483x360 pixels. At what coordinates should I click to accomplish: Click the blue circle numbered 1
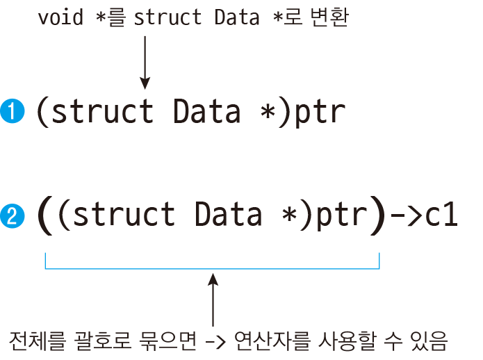pyautogui.click(x=13, y=111)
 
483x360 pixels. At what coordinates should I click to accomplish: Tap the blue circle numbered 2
pyautogui.click(x=13, y=215)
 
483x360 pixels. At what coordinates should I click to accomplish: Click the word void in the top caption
pyautogui.click(x=60, y=17)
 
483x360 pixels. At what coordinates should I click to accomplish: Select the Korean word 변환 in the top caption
pyautogui.click(x=329, y=17)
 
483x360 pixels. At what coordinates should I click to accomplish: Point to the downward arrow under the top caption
pyautogui.click(x=145, y=63)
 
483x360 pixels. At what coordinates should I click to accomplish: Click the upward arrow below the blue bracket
pyautogui.click(x=213, y=300)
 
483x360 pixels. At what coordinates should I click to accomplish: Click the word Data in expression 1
pyautogui.click(x=206, y=111)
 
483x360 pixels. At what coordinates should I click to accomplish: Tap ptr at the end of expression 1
pyautogui.click(x=320, y=113)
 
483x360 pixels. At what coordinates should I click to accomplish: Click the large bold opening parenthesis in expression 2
pyautogui.click(x=45, y=215)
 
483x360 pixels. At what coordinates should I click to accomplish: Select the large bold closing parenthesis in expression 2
pyautogui.click(x=377, y=215)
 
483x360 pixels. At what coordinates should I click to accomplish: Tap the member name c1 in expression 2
pyautogui.click(x=441, y=215)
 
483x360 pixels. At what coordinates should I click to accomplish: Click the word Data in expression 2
pyautogui.click(x=228, y=215)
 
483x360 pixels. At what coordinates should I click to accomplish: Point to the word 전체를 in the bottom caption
pyautogui.click(x=38, y=341)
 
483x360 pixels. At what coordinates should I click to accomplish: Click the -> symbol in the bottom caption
pyautogui.click(x=215, y=342)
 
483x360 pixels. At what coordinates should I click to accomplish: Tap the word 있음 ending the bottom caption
pyautogui.click(x=429, y=341)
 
